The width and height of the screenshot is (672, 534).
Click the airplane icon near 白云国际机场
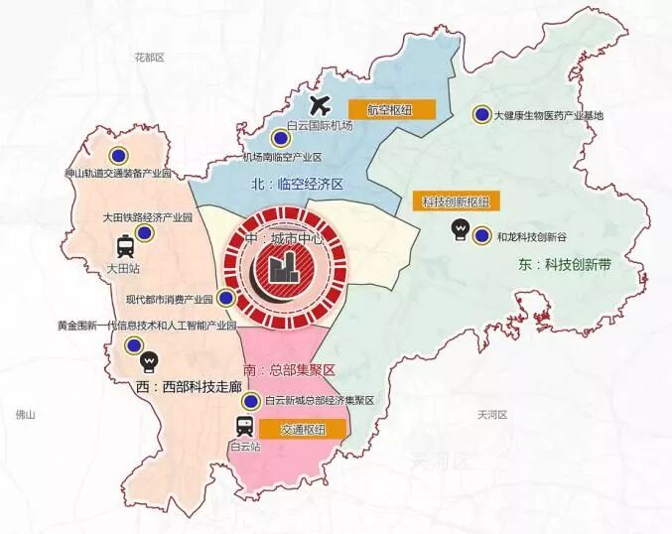(x=319, y=104)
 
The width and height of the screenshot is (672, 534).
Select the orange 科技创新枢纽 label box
(x=456, y=201)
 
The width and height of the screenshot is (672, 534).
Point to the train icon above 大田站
(x=126, y=246)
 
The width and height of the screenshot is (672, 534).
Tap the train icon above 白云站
(x=243, y=427)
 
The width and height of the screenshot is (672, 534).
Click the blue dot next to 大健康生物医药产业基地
(x=480, y=115)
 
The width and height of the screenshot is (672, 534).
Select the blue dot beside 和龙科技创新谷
(x=481, y=235)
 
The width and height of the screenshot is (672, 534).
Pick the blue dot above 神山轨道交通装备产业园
(x=118, y=155)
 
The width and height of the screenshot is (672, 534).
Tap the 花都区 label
(x=148, y=59)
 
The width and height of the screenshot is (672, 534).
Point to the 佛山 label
(x=26, y=416)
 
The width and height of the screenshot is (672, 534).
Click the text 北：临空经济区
(x=297, y=185)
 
